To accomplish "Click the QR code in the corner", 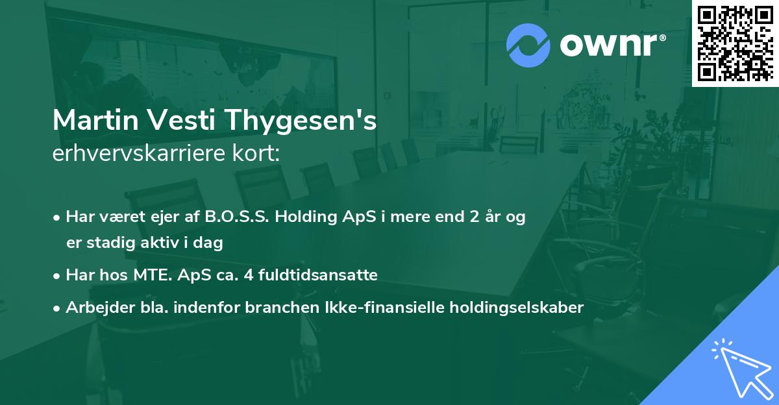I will click(734, 43).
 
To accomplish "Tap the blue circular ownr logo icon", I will click(528, 45).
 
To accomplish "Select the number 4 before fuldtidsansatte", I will click(247, 275).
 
